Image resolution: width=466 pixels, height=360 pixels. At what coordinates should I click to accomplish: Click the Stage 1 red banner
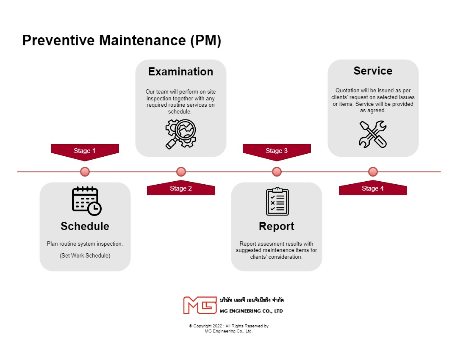pos(85,151)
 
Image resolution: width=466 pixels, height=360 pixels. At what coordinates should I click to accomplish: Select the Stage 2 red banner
pos(181,189)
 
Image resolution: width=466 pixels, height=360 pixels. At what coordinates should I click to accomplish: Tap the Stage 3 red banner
pos(277,151)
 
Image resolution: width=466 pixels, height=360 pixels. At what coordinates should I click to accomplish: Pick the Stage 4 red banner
pos(373,189)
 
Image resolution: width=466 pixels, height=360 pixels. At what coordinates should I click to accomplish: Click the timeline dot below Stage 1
pos(85,172)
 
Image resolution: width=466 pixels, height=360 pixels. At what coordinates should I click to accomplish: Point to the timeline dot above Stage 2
pos(181,172)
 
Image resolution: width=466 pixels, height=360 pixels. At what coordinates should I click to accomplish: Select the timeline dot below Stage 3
pos(277,172)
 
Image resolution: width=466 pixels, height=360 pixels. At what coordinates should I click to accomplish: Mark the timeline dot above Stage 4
pos(373,172)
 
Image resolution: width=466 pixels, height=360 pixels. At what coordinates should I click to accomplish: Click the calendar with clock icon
pos(86,201)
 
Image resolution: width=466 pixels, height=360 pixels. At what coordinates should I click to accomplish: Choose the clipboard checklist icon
pos(277,202)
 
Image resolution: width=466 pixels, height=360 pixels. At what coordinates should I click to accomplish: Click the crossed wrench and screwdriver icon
pos(373,134)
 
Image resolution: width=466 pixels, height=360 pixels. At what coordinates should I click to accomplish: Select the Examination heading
pos(180,72)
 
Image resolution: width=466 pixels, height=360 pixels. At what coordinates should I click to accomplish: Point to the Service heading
pos(373,71)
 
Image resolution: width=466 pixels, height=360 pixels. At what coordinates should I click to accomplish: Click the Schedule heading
pos(85,226)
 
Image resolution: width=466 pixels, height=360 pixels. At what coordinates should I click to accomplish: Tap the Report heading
pos(277,226)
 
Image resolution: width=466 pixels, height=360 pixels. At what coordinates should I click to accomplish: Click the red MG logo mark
pos(200,305)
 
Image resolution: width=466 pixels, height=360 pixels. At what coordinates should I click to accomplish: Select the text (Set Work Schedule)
pos(85,255)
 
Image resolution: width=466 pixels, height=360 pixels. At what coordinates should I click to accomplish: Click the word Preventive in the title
pos(59,41)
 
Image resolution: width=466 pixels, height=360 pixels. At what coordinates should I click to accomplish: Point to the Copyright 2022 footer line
pos(229,326)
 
